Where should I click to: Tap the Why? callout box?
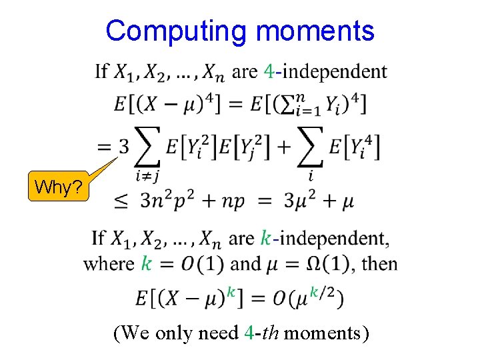pos(59,188)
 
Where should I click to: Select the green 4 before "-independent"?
pos(268,71)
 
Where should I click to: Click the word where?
pos(109,263)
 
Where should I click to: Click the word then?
pos(379,263)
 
